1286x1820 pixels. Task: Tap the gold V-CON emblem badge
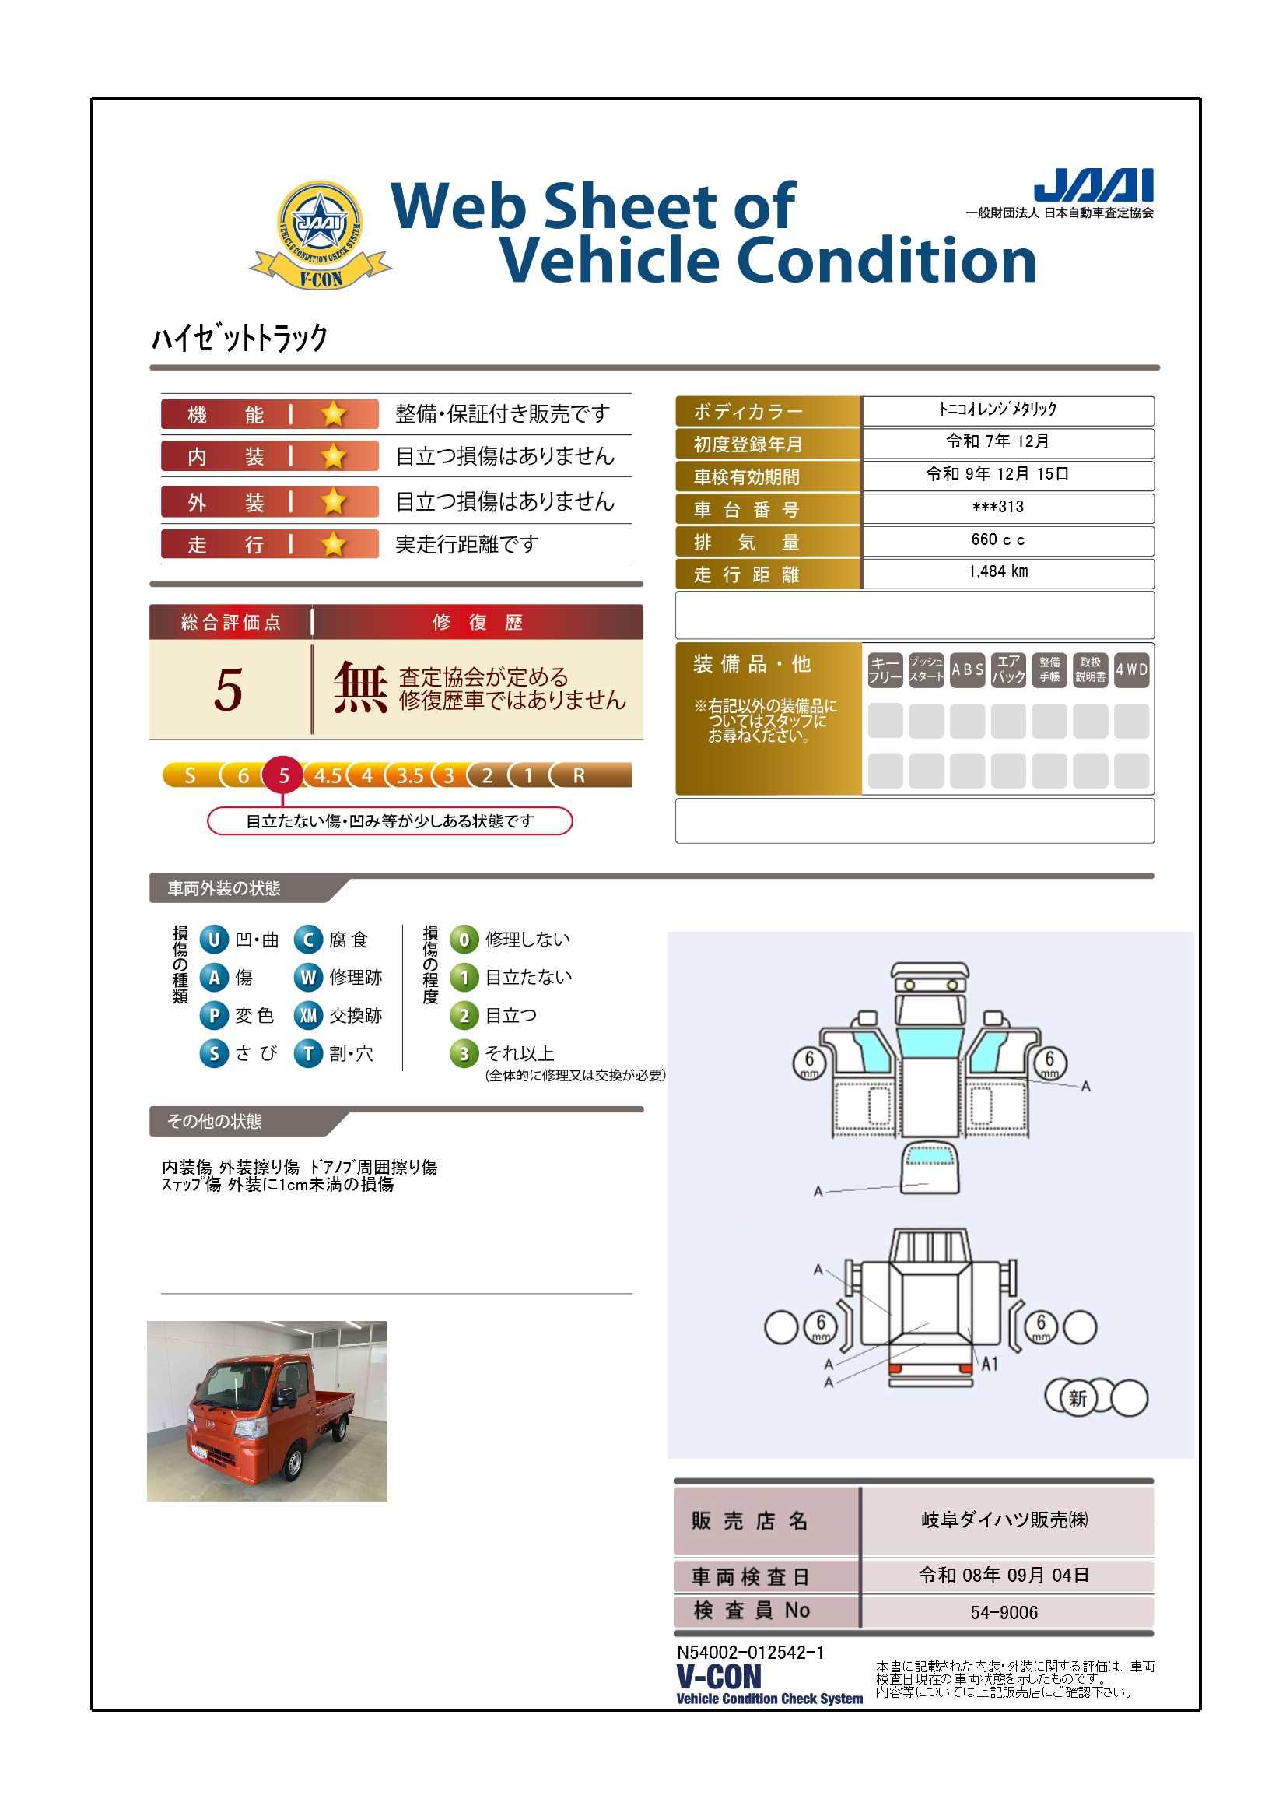320,234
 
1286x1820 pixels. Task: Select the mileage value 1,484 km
997,571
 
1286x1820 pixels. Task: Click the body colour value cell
1008,410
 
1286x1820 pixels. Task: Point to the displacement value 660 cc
997,539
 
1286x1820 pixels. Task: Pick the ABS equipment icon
968,669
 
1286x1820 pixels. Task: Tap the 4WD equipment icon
1131,669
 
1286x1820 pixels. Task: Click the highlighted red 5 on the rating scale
283,775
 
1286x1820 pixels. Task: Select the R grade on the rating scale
580,775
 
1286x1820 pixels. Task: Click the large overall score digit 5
228,689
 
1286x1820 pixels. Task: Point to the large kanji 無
360,687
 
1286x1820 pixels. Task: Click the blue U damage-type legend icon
214,940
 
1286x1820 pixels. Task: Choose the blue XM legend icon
308,1015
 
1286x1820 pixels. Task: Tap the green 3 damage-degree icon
464,1053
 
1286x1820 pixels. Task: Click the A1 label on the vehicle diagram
990,1364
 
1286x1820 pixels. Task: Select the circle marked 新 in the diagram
1078,1397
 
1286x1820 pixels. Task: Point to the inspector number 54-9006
1004,1613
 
